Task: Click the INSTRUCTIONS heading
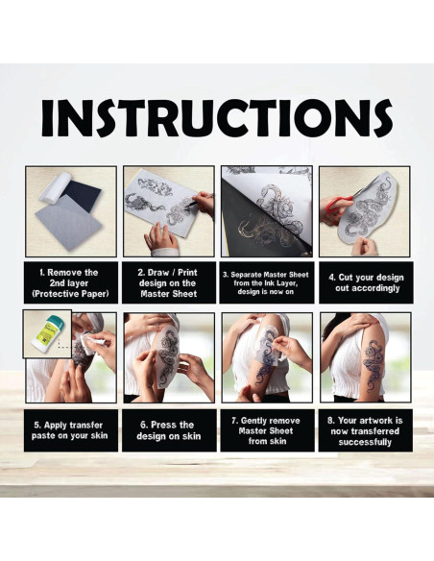[x=217, y=118]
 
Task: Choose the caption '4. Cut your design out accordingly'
[x=366, y=282]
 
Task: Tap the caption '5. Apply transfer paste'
[x=69, y=430]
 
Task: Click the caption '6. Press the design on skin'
[x=168, y=430]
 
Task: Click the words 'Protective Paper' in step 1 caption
[x=70, y=294]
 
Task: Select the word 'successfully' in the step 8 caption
[x=365, y=442]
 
